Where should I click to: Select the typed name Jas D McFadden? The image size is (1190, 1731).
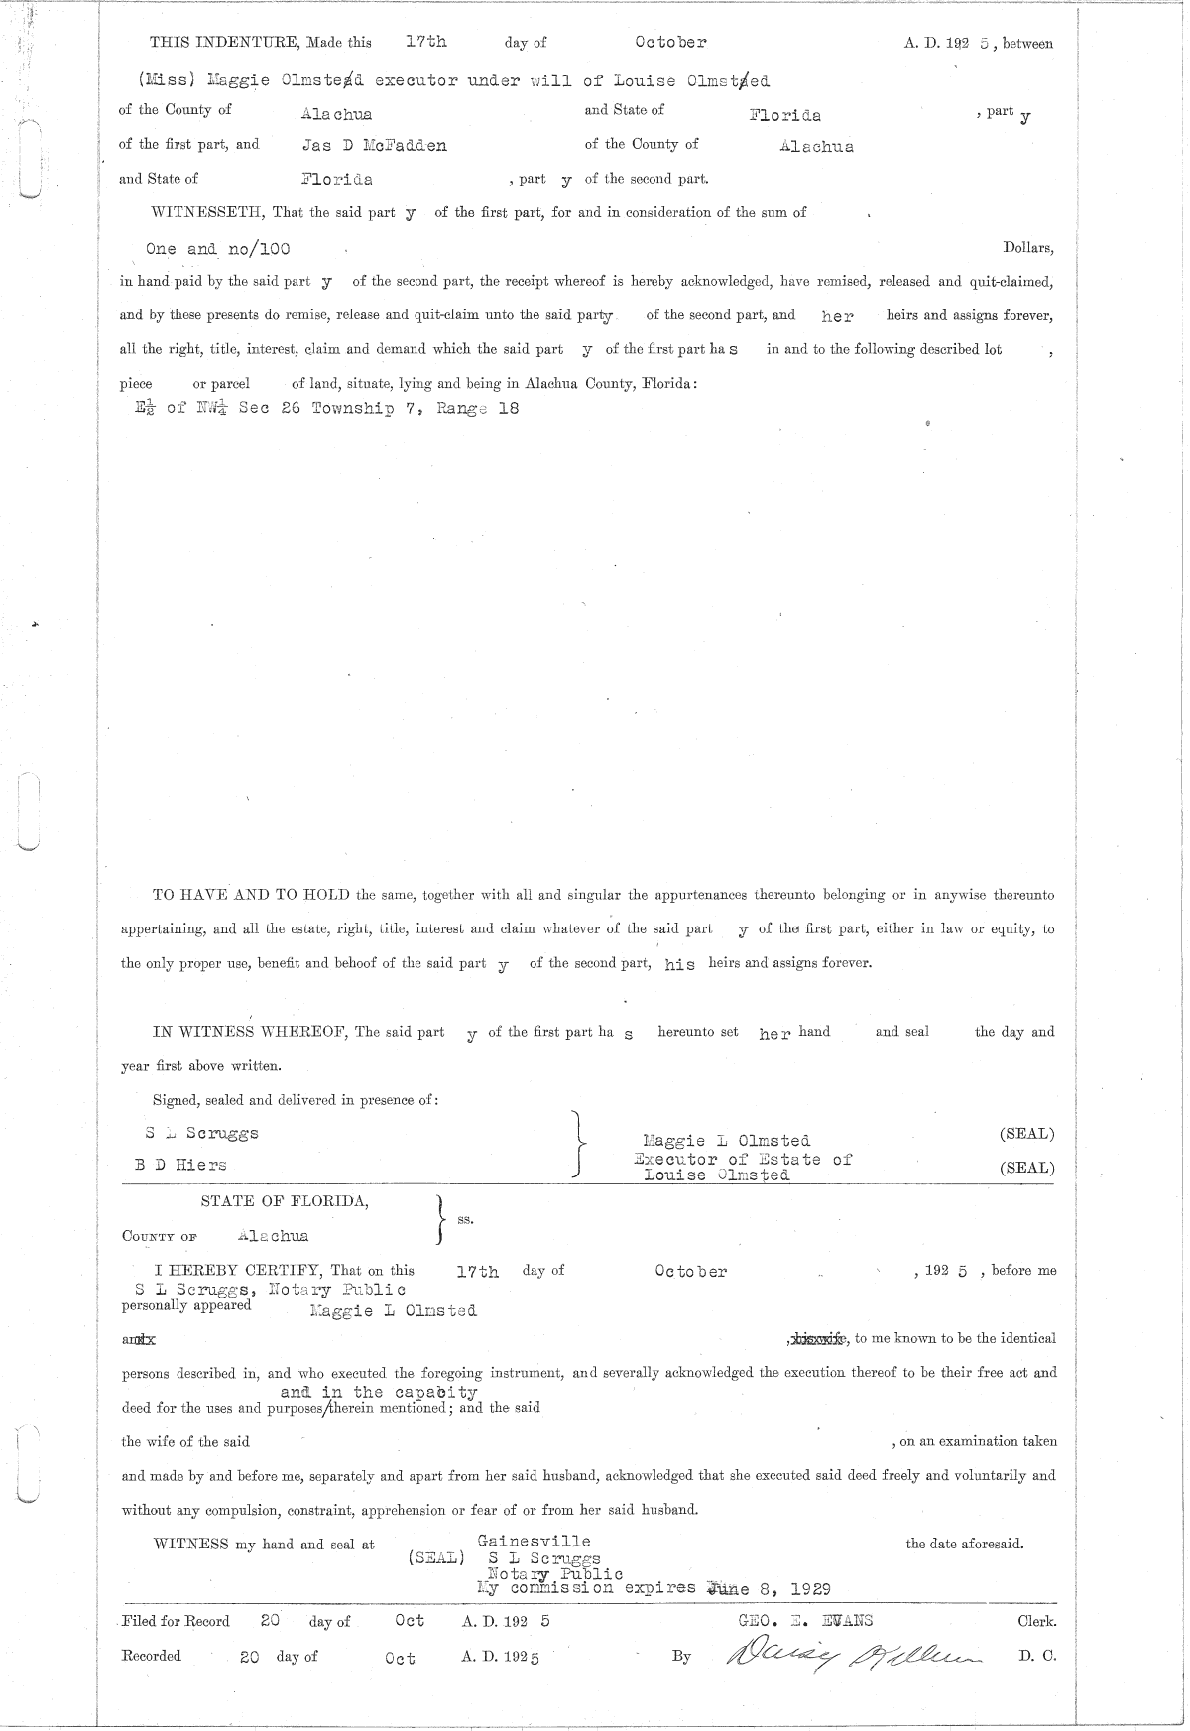tap(374, 145)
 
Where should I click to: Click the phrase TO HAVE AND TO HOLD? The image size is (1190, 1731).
tap(250, 895)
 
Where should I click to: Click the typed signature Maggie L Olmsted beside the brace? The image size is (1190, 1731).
tap(726, 1141)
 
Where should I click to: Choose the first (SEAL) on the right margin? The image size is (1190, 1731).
tap(1027, 1134)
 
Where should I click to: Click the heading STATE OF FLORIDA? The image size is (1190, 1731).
tap(286, 1201)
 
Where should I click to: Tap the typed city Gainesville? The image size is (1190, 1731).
tap(534, 1541)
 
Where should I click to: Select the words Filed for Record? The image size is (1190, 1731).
tap(176, 1622)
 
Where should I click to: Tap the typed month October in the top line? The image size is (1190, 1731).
tap(670, 43)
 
